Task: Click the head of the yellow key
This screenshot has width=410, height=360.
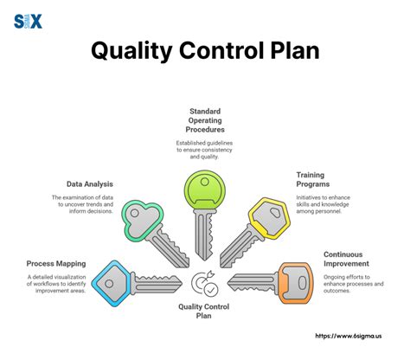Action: [x=268, y=215]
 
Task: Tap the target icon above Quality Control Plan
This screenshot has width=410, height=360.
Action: [x=205, y=283]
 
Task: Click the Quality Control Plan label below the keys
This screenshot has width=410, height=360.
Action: [x=205, y=311]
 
